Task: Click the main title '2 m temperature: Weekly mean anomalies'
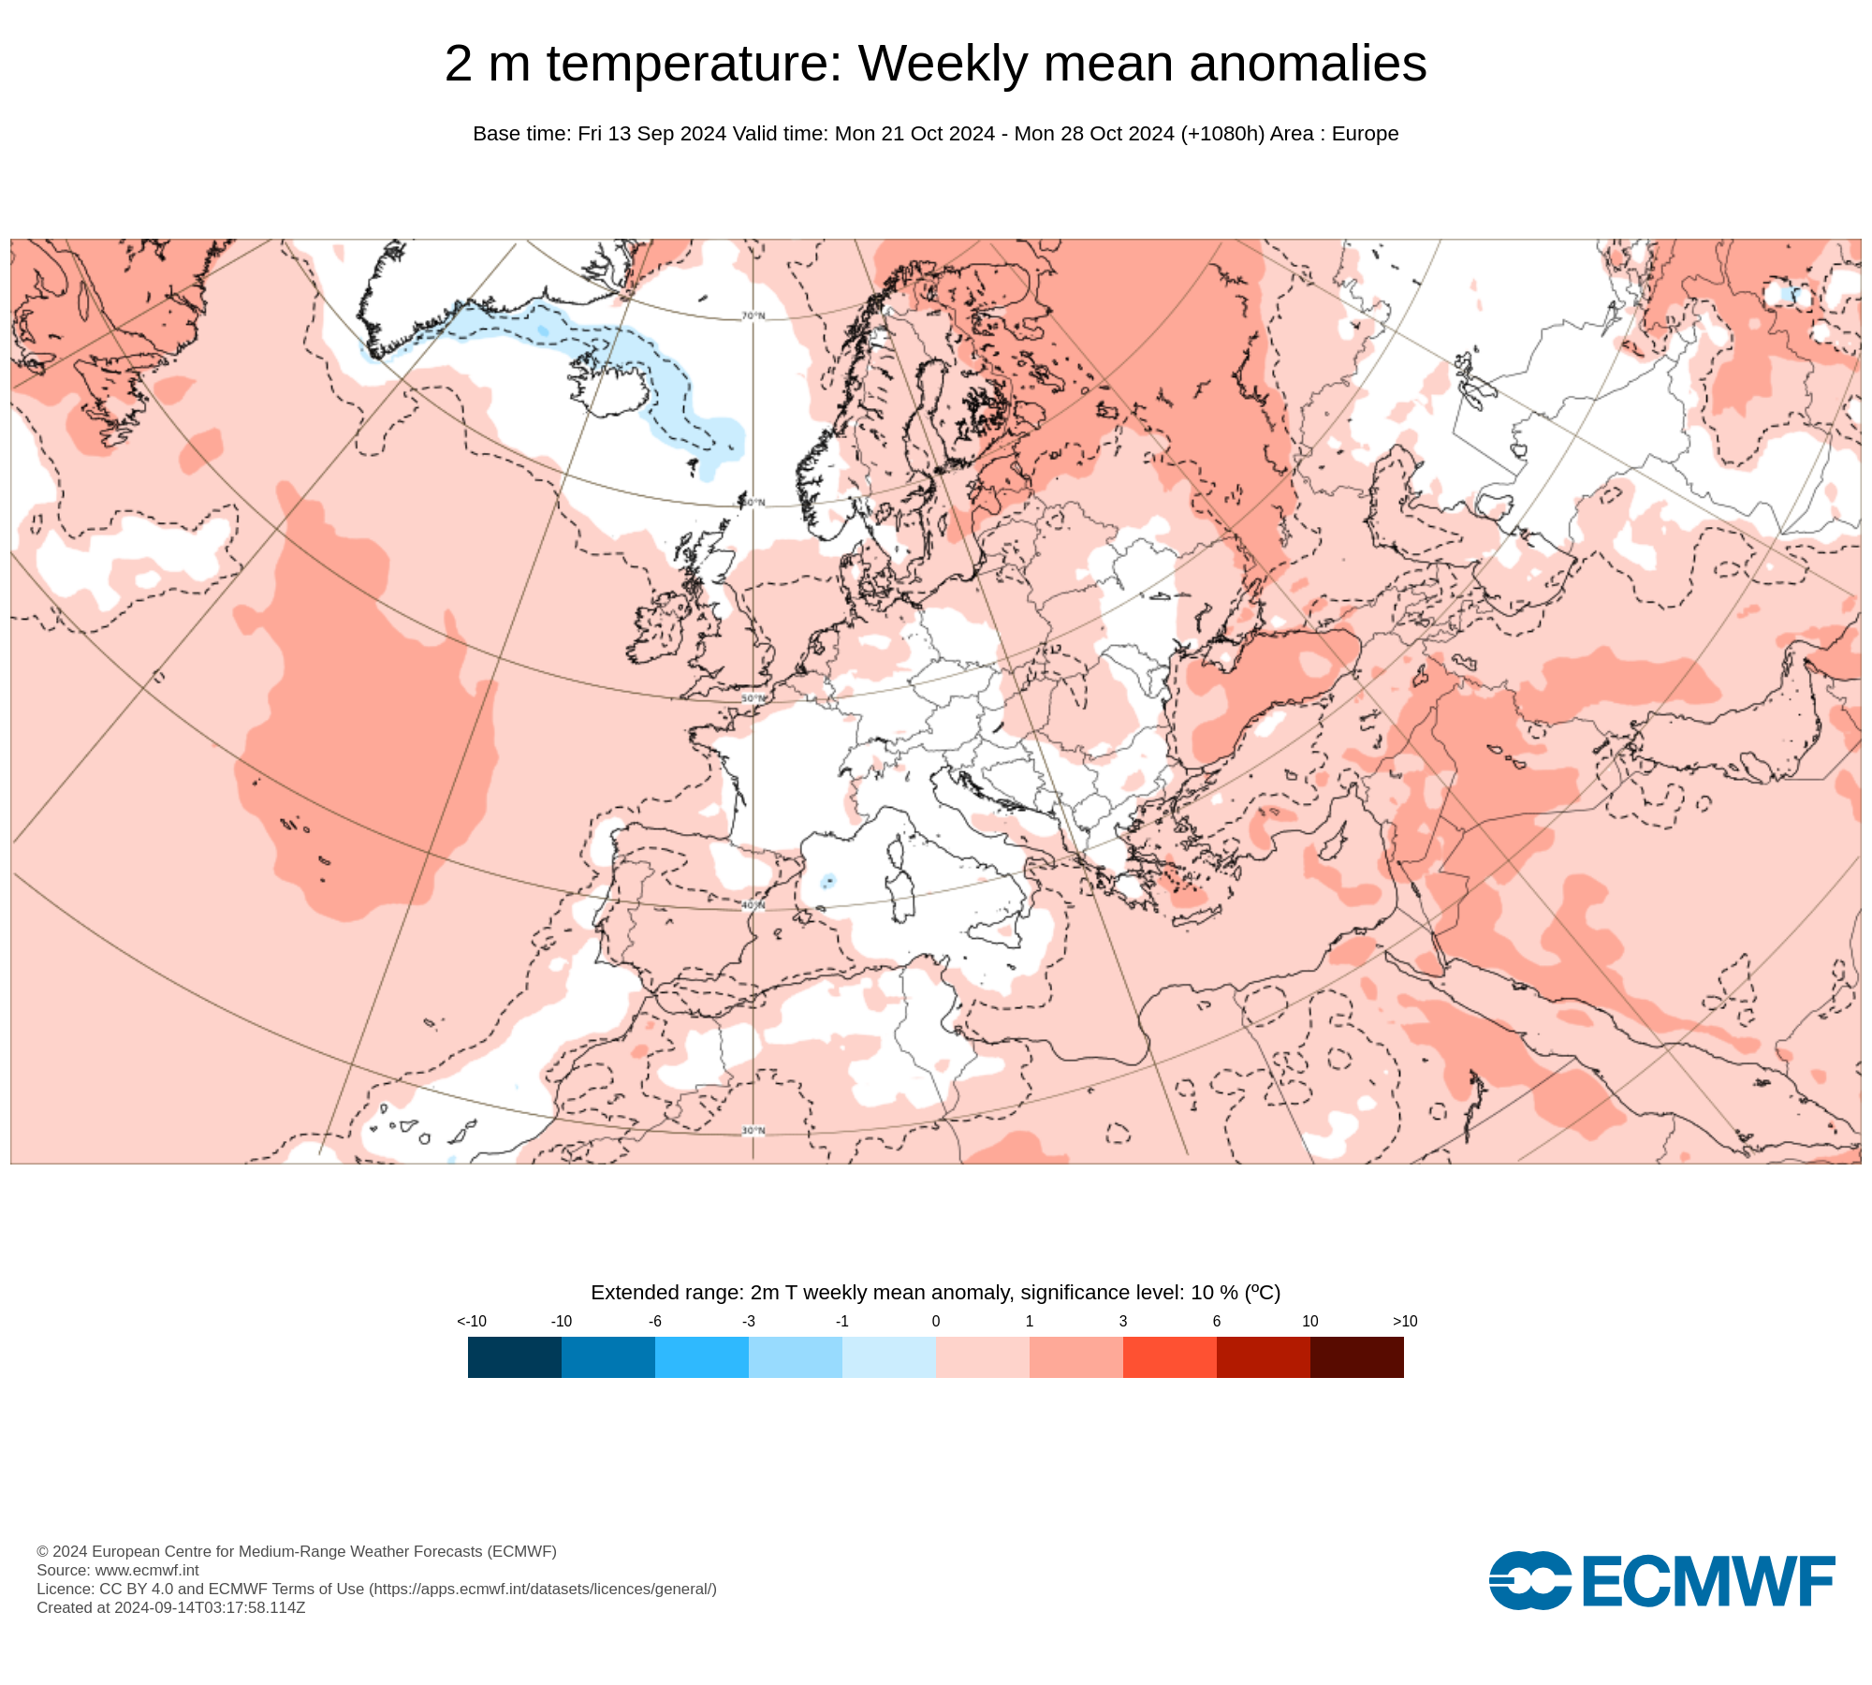935,64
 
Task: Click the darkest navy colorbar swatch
514,1356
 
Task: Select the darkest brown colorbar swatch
1356,1356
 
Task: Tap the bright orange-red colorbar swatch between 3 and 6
1169,1356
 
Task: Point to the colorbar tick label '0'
936,1321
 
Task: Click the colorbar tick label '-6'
655,1321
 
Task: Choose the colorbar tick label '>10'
1405,1321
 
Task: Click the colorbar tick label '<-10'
472,1321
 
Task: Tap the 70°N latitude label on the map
753,315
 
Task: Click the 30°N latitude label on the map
753,1131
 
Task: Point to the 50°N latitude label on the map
753,698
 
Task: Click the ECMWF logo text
1708,1581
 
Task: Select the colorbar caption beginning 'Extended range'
935,1293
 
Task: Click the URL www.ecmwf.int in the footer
147,1570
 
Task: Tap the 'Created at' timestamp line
171,1607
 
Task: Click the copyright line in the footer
297,1551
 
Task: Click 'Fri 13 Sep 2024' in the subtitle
651,134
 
